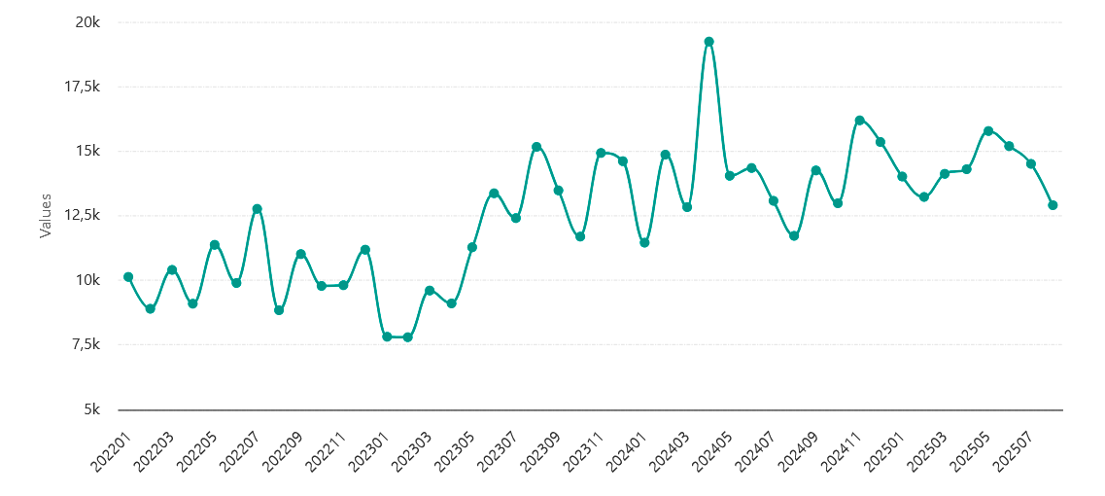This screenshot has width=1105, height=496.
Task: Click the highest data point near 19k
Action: (708, 42)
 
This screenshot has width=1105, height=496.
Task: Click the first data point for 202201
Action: (128, 277)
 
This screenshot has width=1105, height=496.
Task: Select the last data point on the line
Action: (1053, 205)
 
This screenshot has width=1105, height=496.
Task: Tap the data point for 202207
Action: (258, 209)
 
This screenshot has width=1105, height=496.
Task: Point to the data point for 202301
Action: (387, 337)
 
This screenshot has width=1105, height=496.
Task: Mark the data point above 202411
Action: (859, 121)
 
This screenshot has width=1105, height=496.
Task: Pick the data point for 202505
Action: (988, 131)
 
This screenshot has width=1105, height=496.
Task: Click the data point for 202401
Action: (644, 242)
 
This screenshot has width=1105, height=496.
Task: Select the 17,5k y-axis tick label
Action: (82, 87)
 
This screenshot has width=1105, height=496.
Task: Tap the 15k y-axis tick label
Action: (88, 151)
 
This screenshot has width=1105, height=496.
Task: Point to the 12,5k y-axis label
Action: (82, 216)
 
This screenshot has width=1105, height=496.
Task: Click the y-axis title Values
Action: (45, 216)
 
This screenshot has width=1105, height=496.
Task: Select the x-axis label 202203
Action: (155, 451)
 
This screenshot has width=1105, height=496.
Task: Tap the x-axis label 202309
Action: (542, 451)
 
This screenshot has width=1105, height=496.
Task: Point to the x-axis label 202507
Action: (1015, 451)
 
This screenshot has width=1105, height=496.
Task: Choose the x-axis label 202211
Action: (328, 451)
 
